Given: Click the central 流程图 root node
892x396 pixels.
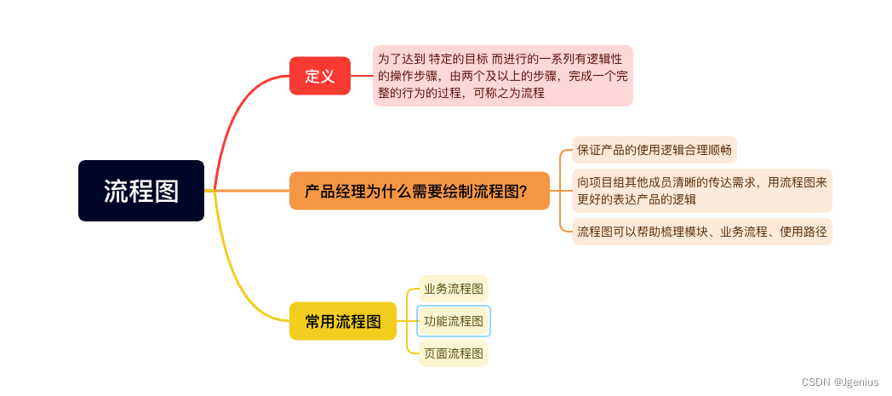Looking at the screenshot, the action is pos(141,191).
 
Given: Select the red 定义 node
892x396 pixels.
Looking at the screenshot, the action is pos(319,76).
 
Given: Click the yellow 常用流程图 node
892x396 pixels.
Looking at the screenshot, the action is pos(342,321).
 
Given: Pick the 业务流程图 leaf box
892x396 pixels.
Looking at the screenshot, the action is pos(454,289).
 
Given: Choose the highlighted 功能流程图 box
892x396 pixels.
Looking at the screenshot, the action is pos(454,321).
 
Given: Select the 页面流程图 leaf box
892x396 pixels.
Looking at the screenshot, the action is pos(454,353).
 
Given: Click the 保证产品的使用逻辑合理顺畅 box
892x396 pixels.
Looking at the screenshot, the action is pos(654,151).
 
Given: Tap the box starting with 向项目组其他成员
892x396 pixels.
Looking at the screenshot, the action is pos(701,191).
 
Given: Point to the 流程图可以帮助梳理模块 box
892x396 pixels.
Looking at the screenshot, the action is pos(701,231).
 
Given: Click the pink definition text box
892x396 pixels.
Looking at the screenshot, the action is pos(502,76).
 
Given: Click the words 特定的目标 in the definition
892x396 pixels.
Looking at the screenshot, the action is pos(460,59).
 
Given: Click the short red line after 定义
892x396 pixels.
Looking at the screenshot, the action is pos(362,76).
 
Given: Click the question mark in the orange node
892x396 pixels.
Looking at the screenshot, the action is pos(522,192).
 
